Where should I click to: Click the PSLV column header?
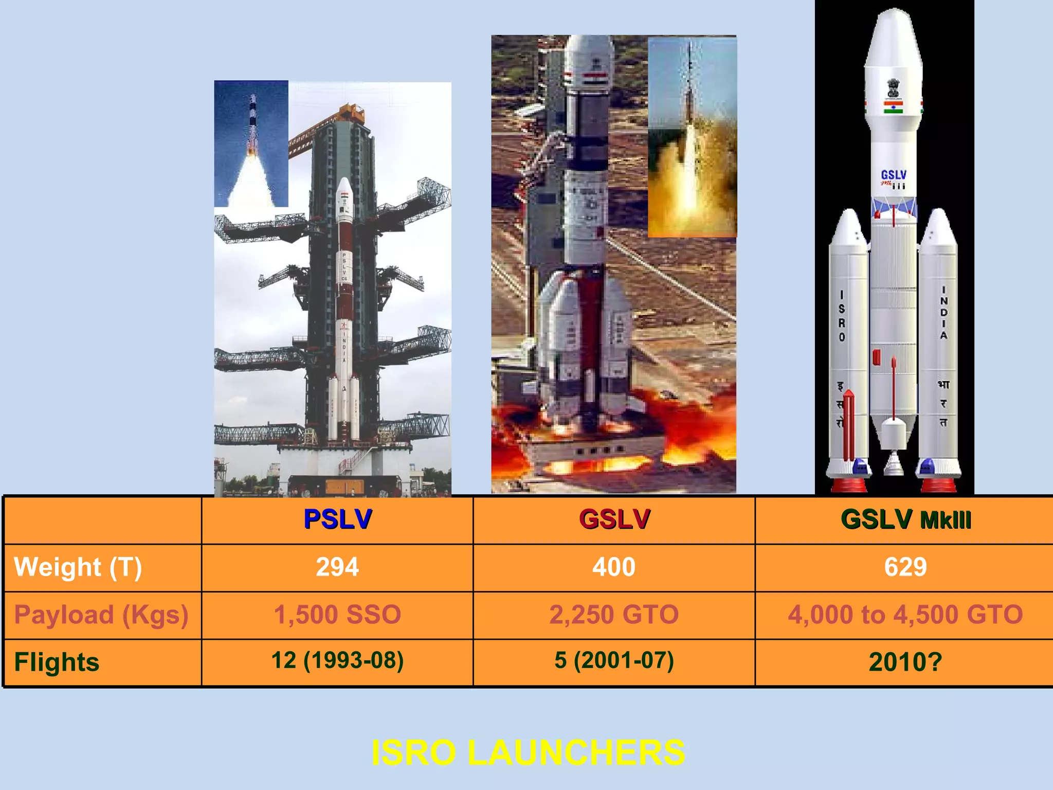coord(337,519)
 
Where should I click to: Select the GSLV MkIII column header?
coord(905,519)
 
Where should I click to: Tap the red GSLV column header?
coord(614,519)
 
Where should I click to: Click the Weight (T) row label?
coord(78,567)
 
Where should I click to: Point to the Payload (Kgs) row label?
coord(101,615)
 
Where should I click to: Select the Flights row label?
coord(57,662)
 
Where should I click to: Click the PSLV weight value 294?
coord(337,567)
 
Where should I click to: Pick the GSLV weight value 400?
coord(614,567)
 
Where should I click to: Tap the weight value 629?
coord(905,567)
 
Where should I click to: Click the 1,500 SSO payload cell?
coord(337,615)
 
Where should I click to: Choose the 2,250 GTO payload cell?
coord(614,615)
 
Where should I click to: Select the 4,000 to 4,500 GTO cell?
coord(905,615)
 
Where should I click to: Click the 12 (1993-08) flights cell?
coord(337,660)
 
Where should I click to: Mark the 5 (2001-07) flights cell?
coord(614,660)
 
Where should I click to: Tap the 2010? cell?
coord(905,662)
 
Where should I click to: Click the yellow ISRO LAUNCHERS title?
coord(528,752)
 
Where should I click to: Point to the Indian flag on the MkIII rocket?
coord(894,107)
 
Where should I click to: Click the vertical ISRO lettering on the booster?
coord(842,316)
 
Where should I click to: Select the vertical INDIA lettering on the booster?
coord(943,313)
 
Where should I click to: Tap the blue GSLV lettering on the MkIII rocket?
coord(894,175)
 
